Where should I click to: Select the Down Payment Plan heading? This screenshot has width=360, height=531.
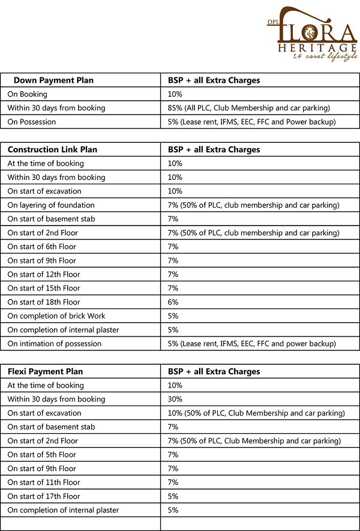(x=53, y=80)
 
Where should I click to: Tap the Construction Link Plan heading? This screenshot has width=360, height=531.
(x=52, y=149)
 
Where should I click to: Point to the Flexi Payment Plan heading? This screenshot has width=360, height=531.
(x=45, y=371)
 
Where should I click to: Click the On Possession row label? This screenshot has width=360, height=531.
(x=32, y=122)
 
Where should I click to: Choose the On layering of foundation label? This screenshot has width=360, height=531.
(x=51, y=205)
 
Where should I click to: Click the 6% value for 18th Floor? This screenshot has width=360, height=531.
(x=173, y=302)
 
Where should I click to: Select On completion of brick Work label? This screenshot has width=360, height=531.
(x=56, y=316)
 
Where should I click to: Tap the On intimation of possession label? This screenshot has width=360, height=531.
(x=55, y=344)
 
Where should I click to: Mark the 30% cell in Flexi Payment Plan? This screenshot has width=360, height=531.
(x=175, y=400)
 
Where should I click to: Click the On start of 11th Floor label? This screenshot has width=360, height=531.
(x=44, y=482)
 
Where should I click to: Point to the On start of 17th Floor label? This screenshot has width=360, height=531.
(x=44, y=496)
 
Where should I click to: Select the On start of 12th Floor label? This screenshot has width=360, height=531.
(x=44, y=274)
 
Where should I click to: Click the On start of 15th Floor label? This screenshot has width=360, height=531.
(x=44, y=289)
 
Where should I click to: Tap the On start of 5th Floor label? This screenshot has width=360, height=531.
(x=42, y=455)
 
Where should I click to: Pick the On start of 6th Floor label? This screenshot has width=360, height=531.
(x=42, y=247)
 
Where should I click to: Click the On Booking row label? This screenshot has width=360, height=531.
(x=28, y=94)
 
